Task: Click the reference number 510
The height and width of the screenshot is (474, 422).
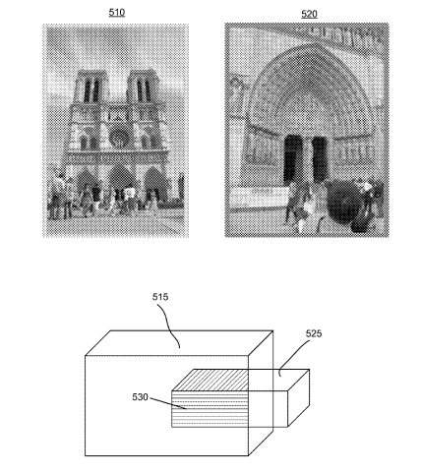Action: coord(117,13)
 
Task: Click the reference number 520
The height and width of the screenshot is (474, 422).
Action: coord(309,14)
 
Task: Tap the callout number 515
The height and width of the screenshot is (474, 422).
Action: coord(160,297)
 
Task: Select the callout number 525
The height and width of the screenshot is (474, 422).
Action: coord(314,333)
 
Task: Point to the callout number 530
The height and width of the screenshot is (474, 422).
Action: coord(140,397)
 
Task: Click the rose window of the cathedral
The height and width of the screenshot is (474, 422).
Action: coord(119,139)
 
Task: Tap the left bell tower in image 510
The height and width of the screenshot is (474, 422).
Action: coord(90,87)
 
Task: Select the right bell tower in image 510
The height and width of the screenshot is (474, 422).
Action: coord(143,87)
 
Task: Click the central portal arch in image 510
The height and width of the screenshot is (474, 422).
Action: coord(122,180)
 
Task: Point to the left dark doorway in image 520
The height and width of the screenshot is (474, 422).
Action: coord(293,158)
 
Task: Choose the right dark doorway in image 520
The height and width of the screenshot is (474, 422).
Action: coord(320,158)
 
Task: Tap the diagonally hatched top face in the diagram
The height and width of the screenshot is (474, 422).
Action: coord(211,380)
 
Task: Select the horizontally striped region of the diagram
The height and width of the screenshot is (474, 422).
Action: coord(211,409)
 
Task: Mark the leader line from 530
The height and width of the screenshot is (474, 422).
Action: coord(168,403)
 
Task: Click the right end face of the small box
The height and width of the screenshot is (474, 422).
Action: coord(299,398)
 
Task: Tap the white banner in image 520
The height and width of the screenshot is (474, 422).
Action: coord(258,196)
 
